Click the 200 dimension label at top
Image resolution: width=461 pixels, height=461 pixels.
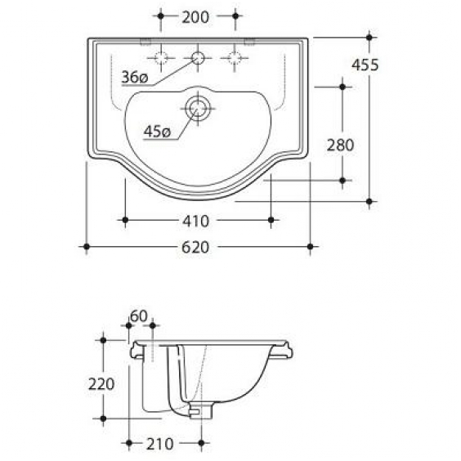click(195, 17)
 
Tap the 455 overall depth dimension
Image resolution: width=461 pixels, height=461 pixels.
click(365, 65)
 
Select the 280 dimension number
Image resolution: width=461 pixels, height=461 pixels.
click(341, 145)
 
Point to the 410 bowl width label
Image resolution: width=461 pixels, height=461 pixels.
click(195, 221)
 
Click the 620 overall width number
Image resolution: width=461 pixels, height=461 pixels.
click(195, 248)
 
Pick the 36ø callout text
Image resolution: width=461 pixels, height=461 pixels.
click(135, 78)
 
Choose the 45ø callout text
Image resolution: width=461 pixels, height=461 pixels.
click(157, 132)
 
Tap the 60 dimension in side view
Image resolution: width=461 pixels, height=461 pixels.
click(139, 316)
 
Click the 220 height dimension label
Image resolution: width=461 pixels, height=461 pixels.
click(101, 384)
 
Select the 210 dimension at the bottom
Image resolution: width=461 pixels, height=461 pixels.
click(160, 444)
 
